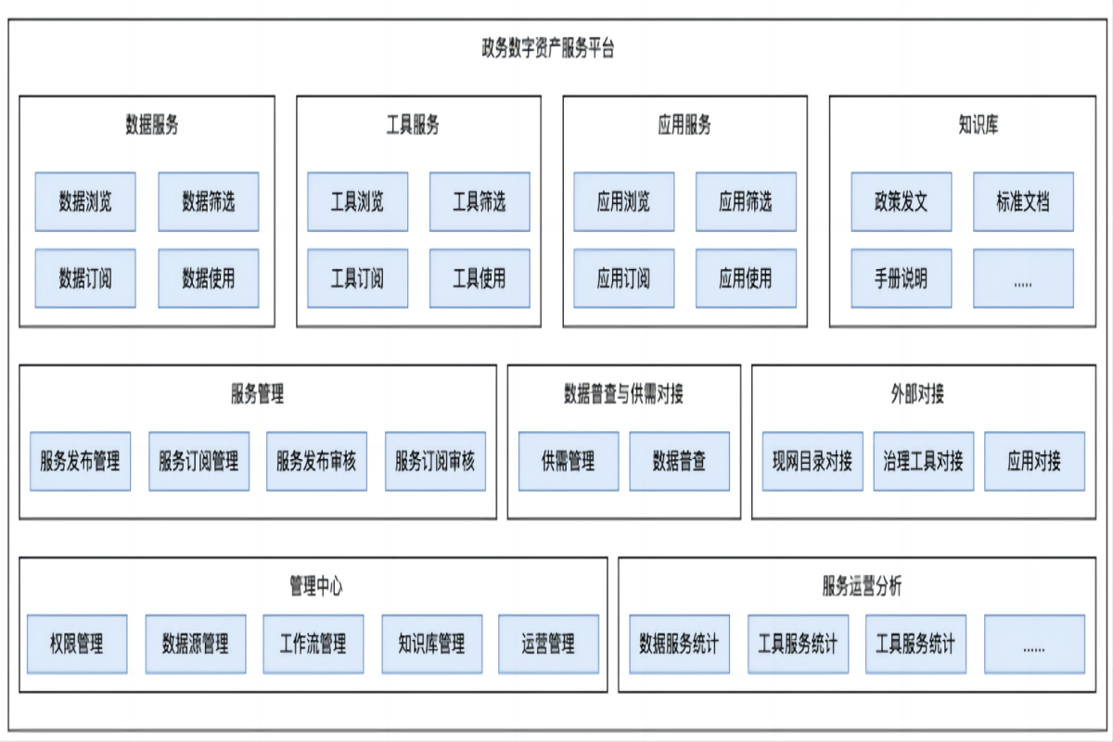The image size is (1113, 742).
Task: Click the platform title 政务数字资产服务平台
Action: [547, 49]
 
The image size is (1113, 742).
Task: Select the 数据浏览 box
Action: [85, 201]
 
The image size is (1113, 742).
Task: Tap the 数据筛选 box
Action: [208, 201]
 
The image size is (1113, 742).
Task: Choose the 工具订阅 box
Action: [357, 277]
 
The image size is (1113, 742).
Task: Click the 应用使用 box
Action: [746, 277]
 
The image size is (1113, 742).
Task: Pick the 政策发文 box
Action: [901, 201]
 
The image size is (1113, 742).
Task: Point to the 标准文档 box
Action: [1023, 201]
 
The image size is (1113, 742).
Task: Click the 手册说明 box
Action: [901, 277]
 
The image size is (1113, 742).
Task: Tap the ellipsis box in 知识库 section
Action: [1023, 277]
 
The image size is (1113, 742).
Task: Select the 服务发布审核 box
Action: [316, 460]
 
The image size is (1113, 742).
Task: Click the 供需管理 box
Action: [568, 460]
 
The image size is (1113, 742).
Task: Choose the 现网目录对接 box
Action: [812, 460]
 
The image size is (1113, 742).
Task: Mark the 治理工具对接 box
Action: [923, 460]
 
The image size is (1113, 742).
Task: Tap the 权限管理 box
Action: [77, 643]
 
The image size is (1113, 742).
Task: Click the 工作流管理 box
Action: [313, 643]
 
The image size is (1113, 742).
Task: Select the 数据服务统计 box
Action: [679, 643]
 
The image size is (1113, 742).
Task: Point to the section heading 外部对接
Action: [917, 394]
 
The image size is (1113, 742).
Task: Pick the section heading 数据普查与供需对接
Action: [623, 394]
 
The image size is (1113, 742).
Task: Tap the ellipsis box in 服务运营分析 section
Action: [1034, 643]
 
